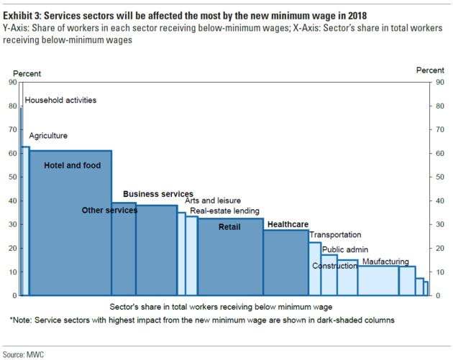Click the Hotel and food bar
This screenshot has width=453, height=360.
70,230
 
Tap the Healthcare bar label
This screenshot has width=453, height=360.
288,224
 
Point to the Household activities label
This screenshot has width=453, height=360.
60,101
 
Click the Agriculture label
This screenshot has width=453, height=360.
48,135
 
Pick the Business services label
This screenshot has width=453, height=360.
157,194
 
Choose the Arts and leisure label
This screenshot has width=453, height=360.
213,200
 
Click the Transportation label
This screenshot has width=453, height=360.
335,234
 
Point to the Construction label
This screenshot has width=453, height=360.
334,266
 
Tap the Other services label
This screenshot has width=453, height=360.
109,210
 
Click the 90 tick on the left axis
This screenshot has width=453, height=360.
12,82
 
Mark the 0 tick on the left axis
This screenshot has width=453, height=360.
14,295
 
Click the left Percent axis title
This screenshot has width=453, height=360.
27,73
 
